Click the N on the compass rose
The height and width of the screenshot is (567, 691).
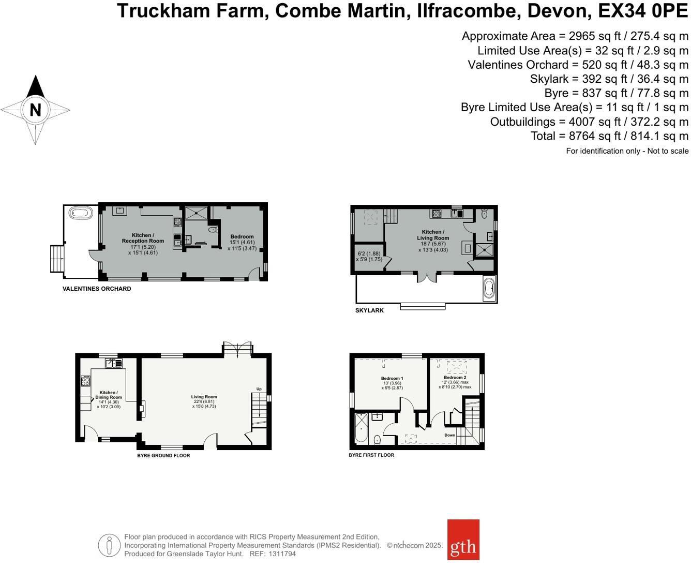(35, 110)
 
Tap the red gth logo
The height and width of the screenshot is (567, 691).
(463, 540)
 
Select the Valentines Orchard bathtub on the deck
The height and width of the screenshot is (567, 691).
(81, 213)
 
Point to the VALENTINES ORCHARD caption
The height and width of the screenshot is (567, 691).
(97, 289)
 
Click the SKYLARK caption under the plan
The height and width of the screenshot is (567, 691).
(369, 310)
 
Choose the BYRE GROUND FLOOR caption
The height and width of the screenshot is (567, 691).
(163, 456)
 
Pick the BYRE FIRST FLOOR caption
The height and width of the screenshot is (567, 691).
(371, 455)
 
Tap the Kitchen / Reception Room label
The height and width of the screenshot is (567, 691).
(143, 238)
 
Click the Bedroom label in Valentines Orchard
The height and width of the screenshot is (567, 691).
(242, 236)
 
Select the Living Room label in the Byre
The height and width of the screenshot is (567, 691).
(204, 397)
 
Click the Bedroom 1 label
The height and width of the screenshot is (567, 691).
(392, 378)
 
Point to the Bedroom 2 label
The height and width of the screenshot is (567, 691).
(455, 378)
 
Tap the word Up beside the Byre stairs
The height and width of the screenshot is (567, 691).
(259, 389)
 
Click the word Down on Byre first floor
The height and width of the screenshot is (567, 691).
(450, 435)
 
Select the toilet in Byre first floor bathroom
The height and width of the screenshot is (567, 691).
(377, 440)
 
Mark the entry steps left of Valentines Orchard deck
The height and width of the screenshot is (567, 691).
(56, 258)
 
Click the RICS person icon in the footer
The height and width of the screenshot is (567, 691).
(109, 545)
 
